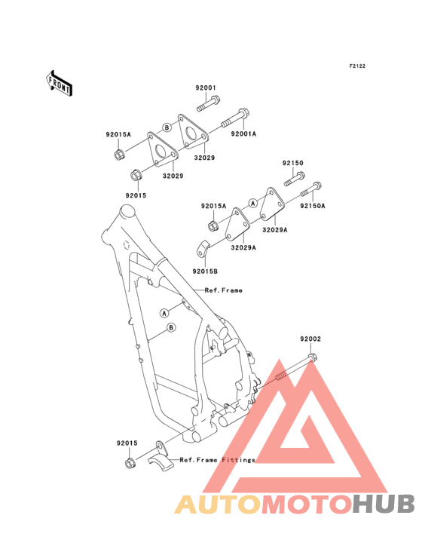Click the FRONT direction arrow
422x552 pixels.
[59, 83]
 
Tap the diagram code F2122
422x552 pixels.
[357, 66]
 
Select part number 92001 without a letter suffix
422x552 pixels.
[206, 87]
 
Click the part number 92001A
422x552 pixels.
[243, 133]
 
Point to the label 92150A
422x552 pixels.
[312, 206]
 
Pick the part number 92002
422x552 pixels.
[310, 339]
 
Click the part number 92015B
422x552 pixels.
[205, 271]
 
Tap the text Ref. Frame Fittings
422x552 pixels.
[217, 460]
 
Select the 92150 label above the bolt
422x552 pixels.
[292, 163]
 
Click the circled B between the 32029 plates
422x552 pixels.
[167, 127]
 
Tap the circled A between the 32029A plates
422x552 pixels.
[253, 203]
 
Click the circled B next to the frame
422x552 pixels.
[171, 328]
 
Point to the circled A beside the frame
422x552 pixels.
[164, 313]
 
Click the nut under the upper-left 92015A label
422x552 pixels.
[118, 154]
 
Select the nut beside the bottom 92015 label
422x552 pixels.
[130, 463]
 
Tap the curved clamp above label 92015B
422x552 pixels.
[202, 250]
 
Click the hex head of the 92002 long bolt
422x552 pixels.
[312, 357]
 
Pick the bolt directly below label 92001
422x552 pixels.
[208, 103]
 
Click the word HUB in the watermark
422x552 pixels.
[384, 504]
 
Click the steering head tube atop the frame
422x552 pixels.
[127, 213]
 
